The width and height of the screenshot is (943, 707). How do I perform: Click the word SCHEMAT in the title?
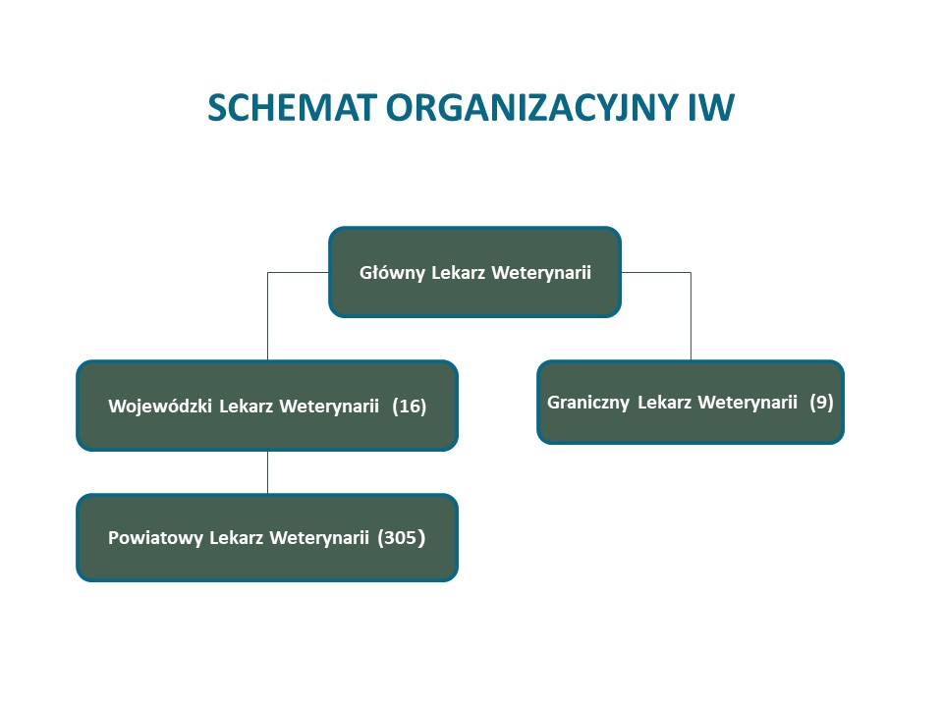293,108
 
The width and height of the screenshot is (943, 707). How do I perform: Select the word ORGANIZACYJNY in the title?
531,108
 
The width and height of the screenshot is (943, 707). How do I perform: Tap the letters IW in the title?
711,108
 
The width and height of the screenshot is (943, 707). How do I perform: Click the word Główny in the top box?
392,273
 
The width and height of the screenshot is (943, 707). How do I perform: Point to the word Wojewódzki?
160,407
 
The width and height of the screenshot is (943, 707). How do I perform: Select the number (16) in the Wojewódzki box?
409,407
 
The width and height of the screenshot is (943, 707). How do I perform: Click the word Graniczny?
588,403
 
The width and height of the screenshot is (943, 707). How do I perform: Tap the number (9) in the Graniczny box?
821,403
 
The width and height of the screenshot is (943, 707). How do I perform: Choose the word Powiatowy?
155,537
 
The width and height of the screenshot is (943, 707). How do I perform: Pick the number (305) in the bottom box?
401,537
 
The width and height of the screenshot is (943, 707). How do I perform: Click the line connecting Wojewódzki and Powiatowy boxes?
267,472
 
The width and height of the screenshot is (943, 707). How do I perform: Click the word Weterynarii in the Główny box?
541,273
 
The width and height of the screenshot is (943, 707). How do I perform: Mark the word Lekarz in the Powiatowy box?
236,537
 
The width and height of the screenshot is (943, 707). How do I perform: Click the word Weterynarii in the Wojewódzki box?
330,407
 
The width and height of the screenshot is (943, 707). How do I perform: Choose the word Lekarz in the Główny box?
459,273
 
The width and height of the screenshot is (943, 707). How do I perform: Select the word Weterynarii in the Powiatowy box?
319,537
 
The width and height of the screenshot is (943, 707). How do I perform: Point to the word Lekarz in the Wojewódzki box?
246,407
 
